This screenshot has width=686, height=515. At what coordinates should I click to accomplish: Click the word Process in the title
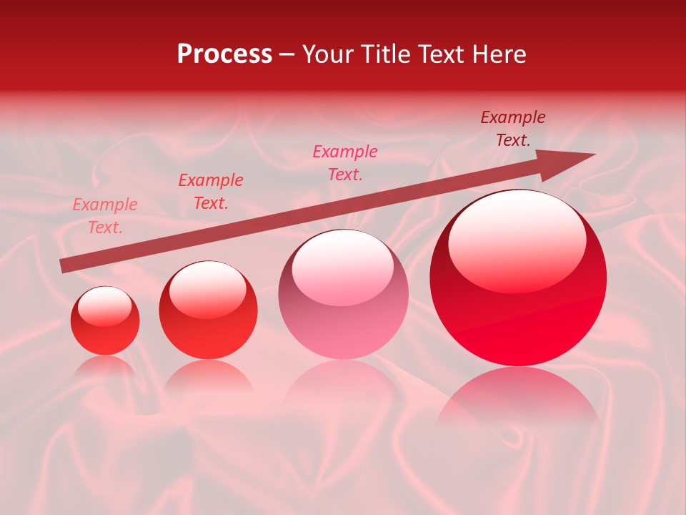click(x=224, y=54)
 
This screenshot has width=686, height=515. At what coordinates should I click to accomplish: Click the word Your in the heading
click(x=327, y=54)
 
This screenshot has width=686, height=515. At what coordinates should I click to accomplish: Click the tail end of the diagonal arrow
click(x=62, y=266)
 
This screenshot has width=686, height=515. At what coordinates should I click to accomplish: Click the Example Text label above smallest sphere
click(x=105, y=216)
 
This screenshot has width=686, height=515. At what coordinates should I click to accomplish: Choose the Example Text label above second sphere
click(x=211, y=192)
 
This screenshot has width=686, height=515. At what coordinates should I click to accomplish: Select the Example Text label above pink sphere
click(x=345, y=162)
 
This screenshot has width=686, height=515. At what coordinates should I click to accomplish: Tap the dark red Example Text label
click(x=513, y=129)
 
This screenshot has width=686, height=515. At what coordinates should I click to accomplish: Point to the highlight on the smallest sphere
click(x=104, y=306)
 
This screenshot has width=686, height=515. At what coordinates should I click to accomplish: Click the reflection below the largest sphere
click(x=518, y=397)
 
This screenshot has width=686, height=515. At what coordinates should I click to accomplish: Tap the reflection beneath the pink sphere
click(x=343, y=386)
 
